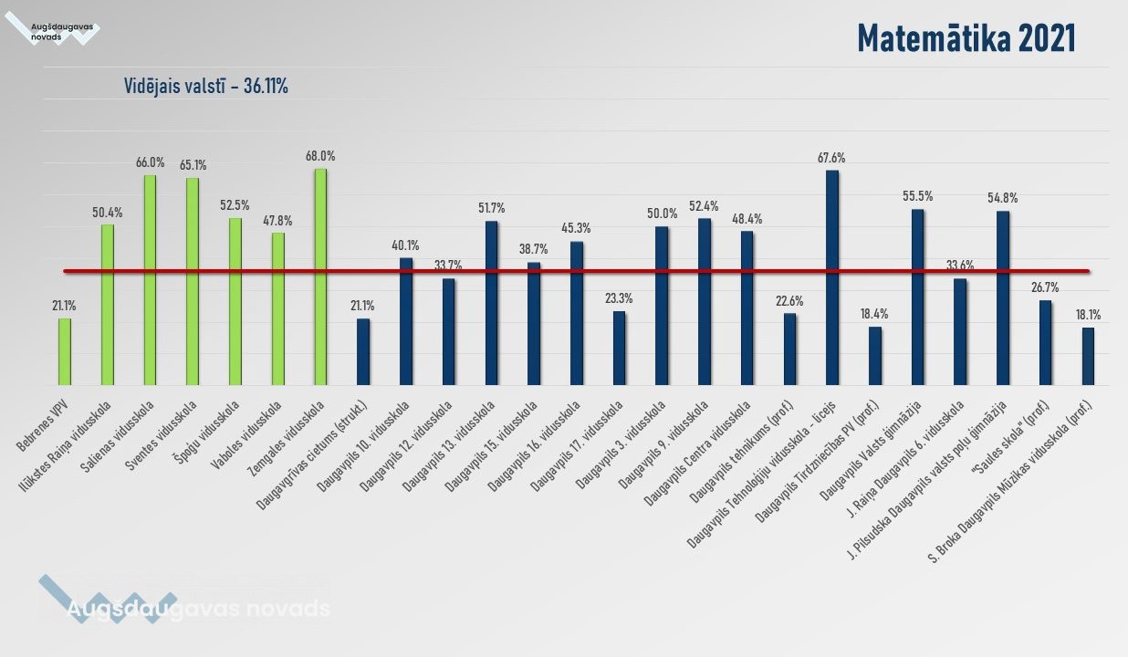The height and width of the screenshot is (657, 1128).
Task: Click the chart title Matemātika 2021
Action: (x=966, y=38)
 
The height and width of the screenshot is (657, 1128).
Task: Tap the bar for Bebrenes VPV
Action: (x=65, y=351)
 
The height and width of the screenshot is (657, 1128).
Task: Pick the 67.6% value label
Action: (x=831, y=158)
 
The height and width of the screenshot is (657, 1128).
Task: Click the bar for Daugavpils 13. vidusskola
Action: (x=491, y=302)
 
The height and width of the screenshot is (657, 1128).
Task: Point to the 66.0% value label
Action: (x=150, y=162)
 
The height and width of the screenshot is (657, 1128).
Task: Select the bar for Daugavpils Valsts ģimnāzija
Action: (x=917, y=297)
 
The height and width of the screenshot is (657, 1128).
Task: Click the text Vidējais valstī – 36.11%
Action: (x=206, y=87)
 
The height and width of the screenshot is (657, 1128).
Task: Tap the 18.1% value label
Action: (x=1088, y=315)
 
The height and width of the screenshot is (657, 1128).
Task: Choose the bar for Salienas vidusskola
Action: (x=150, y=279)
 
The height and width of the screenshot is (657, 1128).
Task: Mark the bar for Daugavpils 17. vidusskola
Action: (x=619, y=348)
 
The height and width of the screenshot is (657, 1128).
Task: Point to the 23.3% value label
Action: (x=619, y=298)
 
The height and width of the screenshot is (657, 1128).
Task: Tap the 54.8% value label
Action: (x=1002, y=198)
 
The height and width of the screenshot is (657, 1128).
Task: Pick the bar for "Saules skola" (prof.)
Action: (x=1045, y=342)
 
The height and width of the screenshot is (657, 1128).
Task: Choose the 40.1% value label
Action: (x=406, y=245)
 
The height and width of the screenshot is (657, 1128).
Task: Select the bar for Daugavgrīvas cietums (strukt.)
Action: (x=363, y=351)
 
